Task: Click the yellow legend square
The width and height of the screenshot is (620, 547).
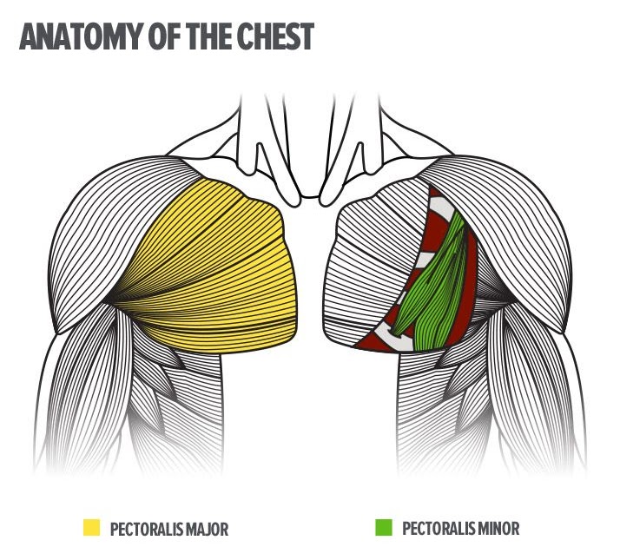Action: coord(91,527)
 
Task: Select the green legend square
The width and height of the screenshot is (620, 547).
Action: coord(384,527)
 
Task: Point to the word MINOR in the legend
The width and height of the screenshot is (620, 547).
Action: coord(496,528)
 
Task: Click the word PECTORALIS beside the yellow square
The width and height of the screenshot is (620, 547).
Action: coord(144,528)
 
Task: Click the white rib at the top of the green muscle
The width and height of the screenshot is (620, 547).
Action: coord(443,205)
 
